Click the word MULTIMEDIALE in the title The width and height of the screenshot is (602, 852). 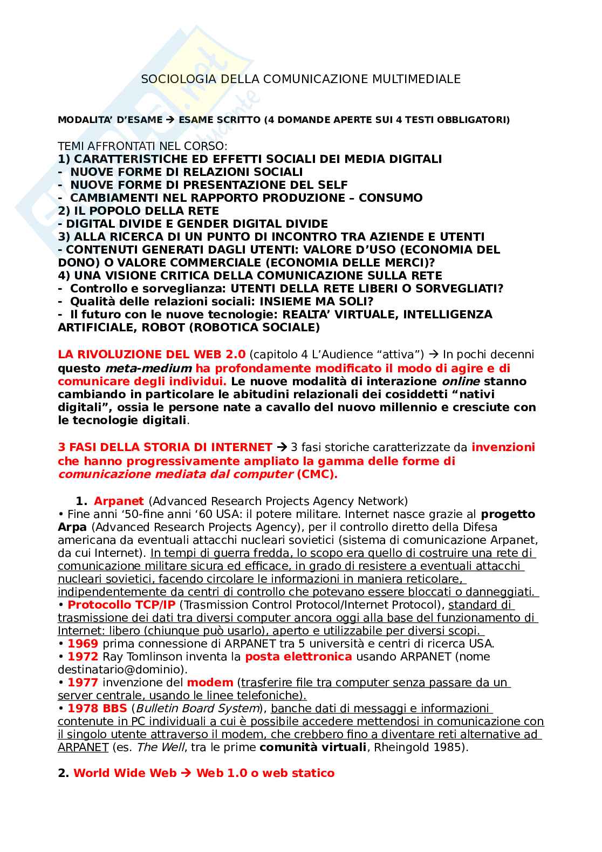(416, 79)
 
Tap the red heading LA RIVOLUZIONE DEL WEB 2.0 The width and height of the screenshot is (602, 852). (152, 355)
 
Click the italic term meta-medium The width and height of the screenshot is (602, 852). (148, 369)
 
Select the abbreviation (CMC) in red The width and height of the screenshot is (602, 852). (317, 474)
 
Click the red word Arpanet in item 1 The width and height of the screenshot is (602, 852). (119, 501)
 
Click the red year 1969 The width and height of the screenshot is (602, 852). (83, 644)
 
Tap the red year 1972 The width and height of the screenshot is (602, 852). (83, 657)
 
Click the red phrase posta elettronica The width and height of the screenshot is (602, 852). (298, 657)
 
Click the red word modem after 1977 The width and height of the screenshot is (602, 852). (210, 683)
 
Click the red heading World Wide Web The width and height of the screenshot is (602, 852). (125, 773)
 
